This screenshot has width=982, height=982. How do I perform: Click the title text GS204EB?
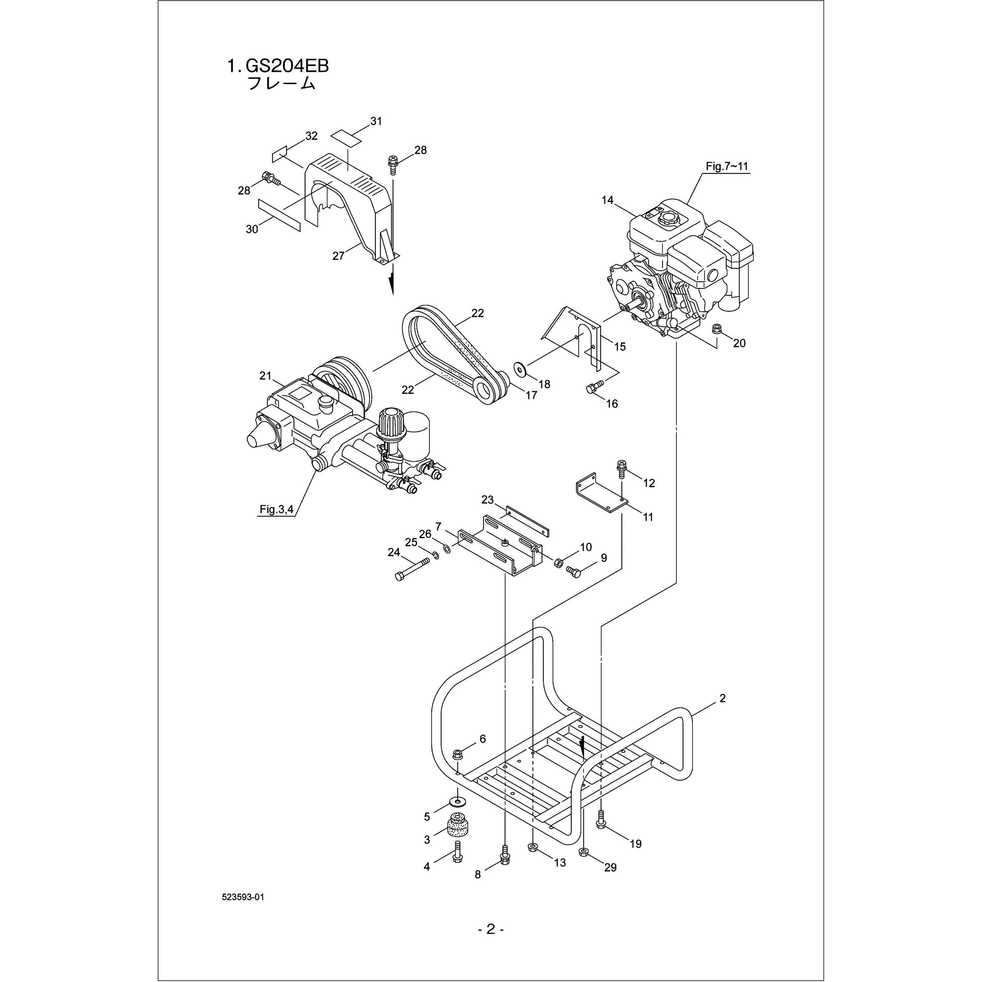pyautogui.click(x=287, y=66)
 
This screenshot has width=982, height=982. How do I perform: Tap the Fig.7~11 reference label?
pyautogui.click(x=727, y=166)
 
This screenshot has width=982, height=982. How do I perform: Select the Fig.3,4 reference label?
pyautogui.click(x=277, y=509)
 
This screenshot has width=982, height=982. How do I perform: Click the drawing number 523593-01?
pyautogui.click(x=243, y=911)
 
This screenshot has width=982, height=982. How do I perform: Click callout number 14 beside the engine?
pyautogui.click(x=608, y=200)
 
